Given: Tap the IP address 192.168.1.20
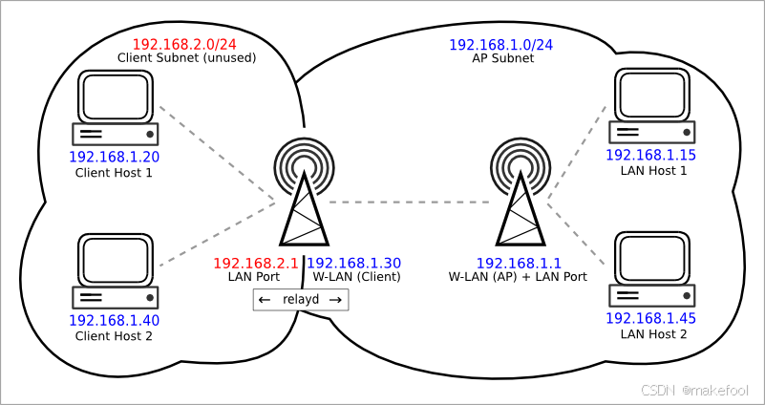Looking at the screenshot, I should click(x=114, y=158).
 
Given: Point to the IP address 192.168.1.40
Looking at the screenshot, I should click(x=114, y=321).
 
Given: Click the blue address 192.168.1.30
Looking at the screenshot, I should click(x=353, y=263).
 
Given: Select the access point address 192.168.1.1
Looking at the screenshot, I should click(x=518, y=263).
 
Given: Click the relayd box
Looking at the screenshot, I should click(x=301, y=300).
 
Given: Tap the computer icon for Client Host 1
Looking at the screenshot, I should click(x=116, y=107).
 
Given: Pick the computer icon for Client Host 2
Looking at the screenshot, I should click(x=116, y=270).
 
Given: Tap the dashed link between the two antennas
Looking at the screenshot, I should click(x=411, y=202).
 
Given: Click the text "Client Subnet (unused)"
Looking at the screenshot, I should click(x=186, y=58).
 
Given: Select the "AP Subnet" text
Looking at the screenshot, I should click(x=502, y=58).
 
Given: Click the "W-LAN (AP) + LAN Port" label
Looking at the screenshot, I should click(x=518, y=277).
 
